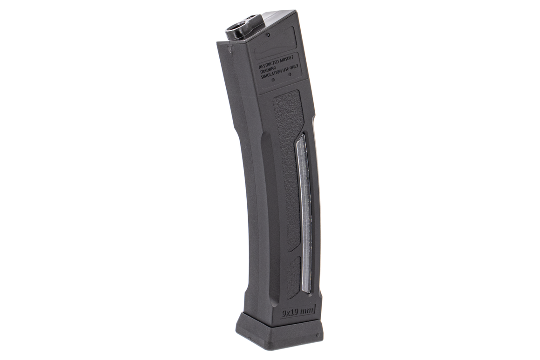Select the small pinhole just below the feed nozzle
pyautogui.click(x=269, y=34)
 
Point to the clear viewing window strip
pyautogui.click(x=305, y=214)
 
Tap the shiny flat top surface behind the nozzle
pyautogui.click(x=279, y=17)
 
